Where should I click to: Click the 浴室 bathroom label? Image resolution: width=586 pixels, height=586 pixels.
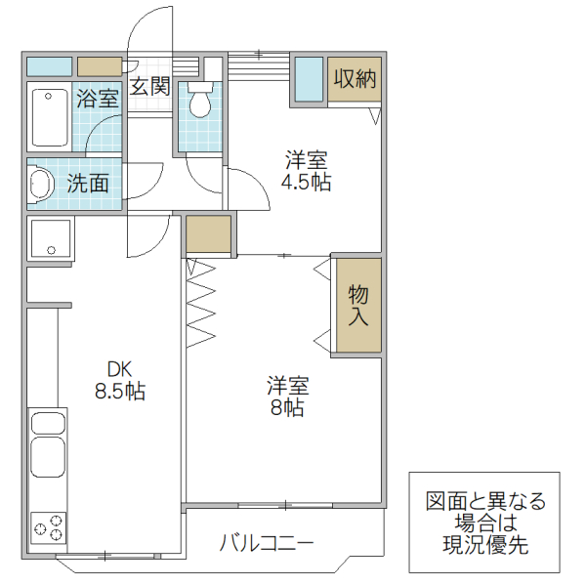pos(98,99)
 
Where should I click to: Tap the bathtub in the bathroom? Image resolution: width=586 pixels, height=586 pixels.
pos(48,117)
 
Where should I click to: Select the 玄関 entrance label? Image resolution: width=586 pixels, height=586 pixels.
pos(150,86)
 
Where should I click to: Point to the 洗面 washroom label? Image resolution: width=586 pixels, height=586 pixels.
pos(88,183)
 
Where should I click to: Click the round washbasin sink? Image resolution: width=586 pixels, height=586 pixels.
pos(41,184)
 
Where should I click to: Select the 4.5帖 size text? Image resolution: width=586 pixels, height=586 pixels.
pos(306,182)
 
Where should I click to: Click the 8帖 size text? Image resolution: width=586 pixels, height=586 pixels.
pos(286,407)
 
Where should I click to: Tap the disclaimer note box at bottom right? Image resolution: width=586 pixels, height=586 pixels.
pos(485,523)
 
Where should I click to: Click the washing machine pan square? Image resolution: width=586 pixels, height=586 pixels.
pos(49,238)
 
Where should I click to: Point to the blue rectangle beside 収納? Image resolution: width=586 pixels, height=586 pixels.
pos(308,79)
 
